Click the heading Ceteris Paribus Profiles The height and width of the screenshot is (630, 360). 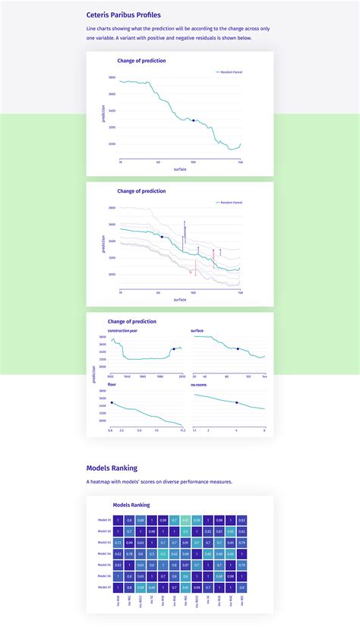click(123, 14)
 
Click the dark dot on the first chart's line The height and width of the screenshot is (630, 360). click(194, 120)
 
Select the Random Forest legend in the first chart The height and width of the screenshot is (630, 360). click(230, 72)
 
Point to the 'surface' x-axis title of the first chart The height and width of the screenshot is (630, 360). click(180, 169)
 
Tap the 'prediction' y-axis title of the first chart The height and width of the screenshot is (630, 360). click(104, 113)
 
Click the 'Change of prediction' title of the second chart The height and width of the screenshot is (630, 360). click(141, 191)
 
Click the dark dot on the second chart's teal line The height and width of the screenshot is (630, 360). click(162, 237)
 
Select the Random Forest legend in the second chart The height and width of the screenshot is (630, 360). click(230, 203)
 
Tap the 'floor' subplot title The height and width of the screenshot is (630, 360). click(112, 385)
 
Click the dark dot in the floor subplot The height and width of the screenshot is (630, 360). click(112, 402)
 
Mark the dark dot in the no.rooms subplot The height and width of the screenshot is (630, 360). click(236, 402)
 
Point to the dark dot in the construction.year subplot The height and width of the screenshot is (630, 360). click(174, 349)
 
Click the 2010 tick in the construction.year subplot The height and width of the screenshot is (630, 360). click(182, 376)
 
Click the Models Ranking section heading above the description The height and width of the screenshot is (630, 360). click(112, 468)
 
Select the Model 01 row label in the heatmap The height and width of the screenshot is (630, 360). click(105, 520)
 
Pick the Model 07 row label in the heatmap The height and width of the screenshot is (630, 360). click(105, 587)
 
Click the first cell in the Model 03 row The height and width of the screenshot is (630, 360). click(118, 543)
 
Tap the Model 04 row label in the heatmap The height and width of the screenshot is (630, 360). click(105, 554)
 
